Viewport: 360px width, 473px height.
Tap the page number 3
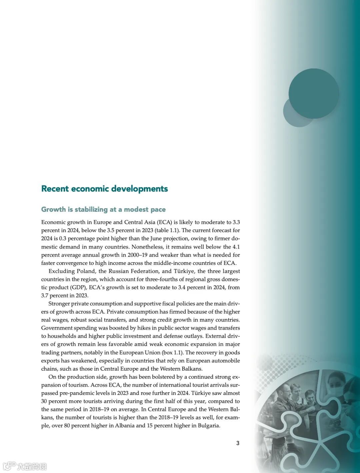pos(238,443)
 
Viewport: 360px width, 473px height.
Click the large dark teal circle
pos(314,93)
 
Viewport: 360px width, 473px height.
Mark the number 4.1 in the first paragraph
pos(236,247)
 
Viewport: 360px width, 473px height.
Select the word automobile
pos(226,361)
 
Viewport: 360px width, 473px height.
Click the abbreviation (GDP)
pos(79,288)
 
